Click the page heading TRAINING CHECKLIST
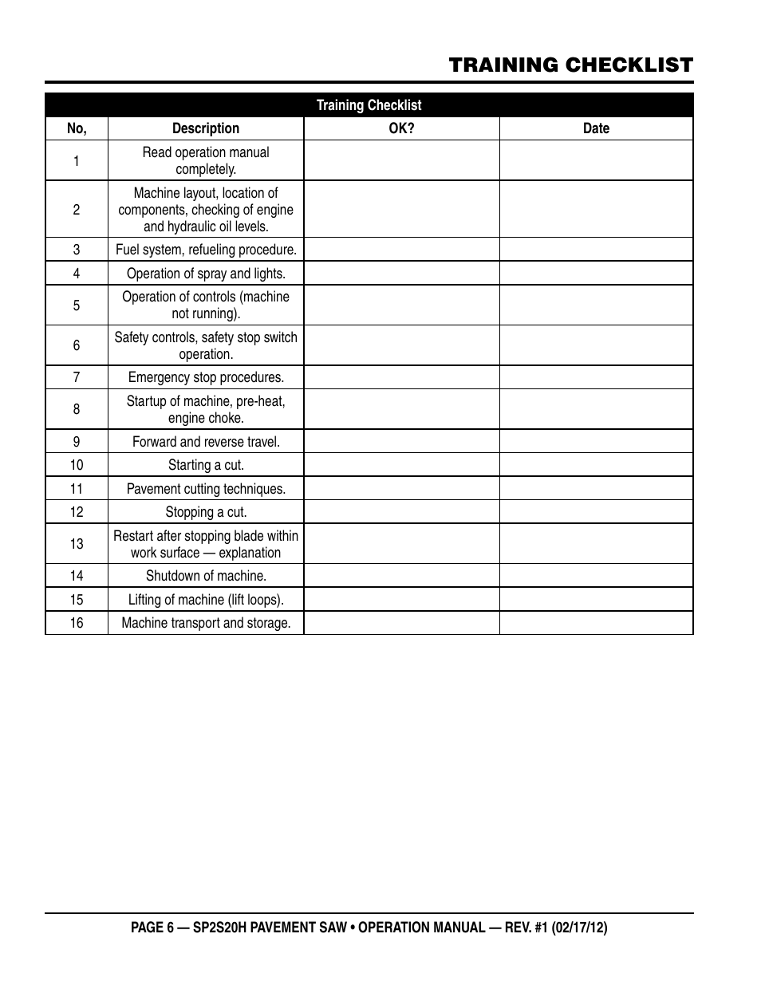[x=570, y=65]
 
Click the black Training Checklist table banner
[x=369, y=105]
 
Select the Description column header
[x=206, y=128]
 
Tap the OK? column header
[x=401, y=128]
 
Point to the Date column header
[x=596, y=128]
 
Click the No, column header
[x=77, y=128]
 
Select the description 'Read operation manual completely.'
[x=206, y=160]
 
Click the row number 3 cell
[x=77, y=250]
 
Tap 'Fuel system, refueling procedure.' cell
[x=206, y=250]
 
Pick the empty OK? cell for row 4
[x=401, y=274]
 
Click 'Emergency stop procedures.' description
[x=206, y=377]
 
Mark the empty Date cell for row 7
[x=596, y=377]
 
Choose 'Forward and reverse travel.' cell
[x=206, y=442]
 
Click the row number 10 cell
[x=77, y=465]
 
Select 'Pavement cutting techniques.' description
[x=206, y=489]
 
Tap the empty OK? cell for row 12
[x=401, y=512]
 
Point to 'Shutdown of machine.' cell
[x=206, y=576]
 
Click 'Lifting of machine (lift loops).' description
[x=206, y=600]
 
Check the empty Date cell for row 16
[x=596, y=623]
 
